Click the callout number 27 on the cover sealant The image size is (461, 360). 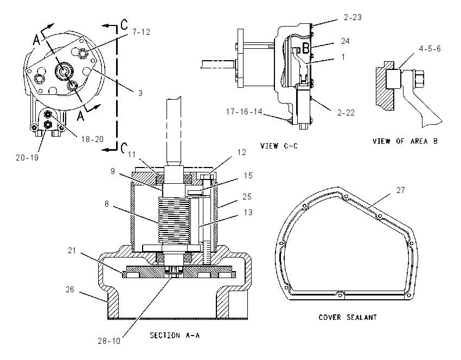pyautogui.click(x=401, y=190)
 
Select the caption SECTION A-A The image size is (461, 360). pyautogui.click(x=175, y=335)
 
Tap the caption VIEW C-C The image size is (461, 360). pyautogui.click(x=279, y=146)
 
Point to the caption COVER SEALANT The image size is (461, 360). pyautogui.click(x=348, y=317)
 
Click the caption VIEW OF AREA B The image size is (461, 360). pyautogui.click(x=405, y=141)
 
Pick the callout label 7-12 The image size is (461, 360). pyautogui.click(x=141, y=32)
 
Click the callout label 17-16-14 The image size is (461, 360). pyautogui.click(x=244, y=112)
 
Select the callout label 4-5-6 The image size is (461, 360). pyautogui.click(x=430, y=48)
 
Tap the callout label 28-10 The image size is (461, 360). pyautogui.click(x=109, y=340)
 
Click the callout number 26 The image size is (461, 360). pyautogui.click(x=69, y=290)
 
